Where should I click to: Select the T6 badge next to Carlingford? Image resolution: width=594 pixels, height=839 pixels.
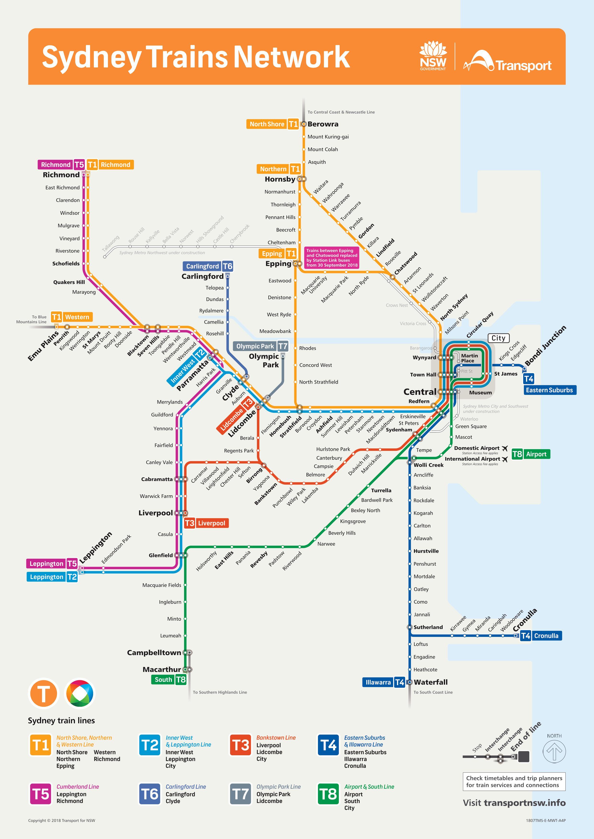click(x=227, y=266)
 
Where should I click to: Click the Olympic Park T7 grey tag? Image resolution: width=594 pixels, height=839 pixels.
click(x=261, y=346)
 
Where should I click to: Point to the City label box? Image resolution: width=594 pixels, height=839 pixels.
click(x=498, y=338)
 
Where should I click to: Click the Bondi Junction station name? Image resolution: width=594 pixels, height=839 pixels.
click(x=545, y=345)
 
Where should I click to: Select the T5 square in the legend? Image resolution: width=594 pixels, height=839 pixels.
click(x=41, y=794)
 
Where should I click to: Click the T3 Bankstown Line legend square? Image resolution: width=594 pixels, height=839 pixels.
click(x=240, y=745)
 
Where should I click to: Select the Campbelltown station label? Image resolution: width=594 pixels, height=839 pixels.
click(x=154, y=653)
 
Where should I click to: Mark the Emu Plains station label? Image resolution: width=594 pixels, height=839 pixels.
click(x=43, y=346)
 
